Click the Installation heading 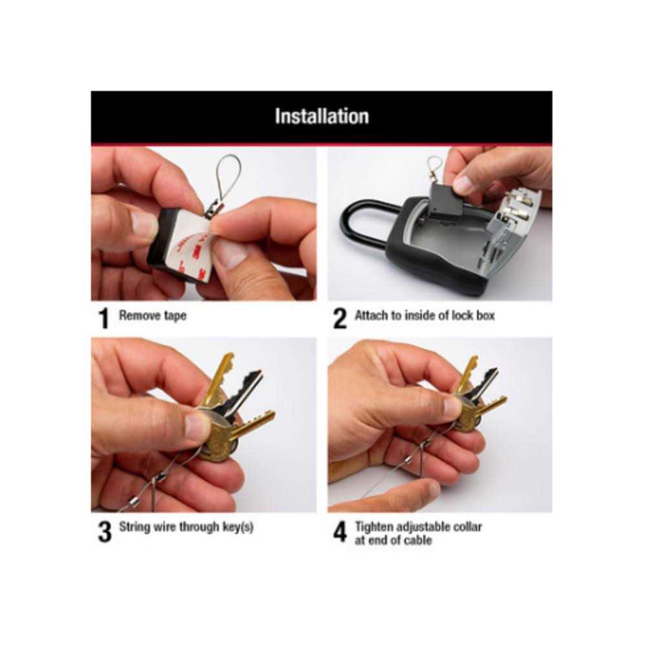tap(322, 116)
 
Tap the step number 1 tap(103, 318)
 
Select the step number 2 tap(340, 318)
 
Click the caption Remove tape tap(152, 317)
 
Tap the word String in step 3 tap(134, 526)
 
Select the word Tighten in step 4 tap(375, 526)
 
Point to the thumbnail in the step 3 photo tap(197, 427)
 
